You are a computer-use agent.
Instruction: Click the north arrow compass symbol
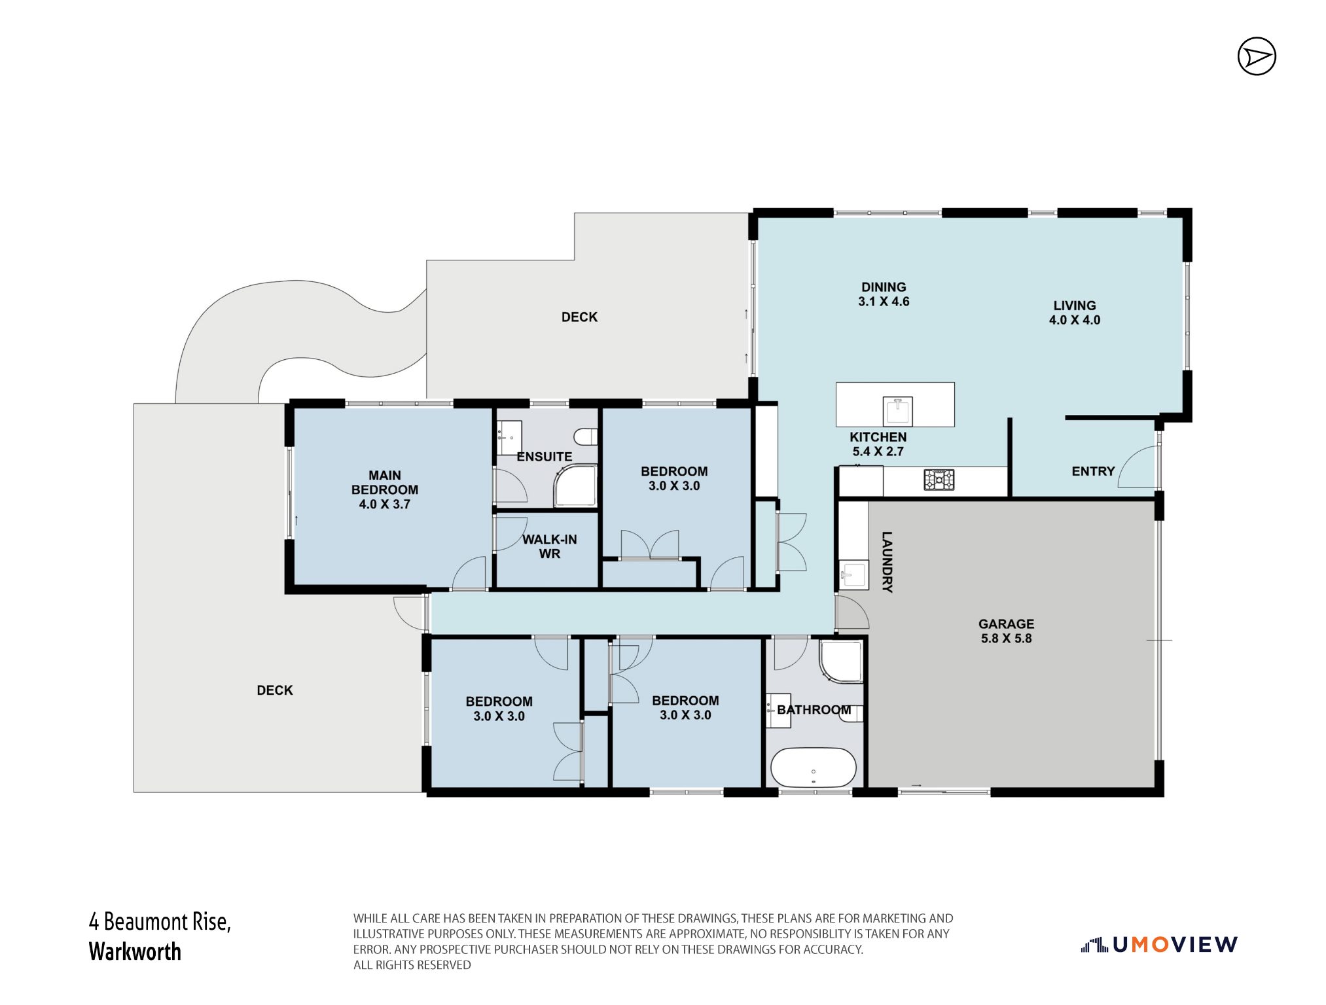tap(1257, 56)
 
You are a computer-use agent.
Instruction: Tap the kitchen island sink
tap(897, 412)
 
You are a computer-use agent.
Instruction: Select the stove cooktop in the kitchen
tap(939, 480)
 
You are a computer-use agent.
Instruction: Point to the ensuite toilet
tap(586, 436)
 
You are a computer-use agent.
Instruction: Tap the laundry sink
tap(853, 575)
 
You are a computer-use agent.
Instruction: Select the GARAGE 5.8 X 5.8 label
tap(1006, 631)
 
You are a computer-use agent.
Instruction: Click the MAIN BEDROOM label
tap(385, 483)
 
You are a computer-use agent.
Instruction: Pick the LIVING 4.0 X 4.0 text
tap(1075, 313)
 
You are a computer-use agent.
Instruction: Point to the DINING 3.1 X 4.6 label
tap(884, 294)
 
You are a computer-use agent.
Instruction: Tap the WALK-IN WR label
tap(549, 546)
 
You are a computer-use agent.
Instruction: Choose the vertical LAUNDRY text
tap(887, 562)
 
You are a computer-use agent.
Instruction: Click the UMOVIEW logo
tap(1159, 944)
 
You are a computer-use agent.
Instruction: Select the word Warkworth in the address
tap(135, 951)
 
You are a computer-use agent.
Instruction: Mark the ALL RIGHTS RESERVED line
tap(412, 965)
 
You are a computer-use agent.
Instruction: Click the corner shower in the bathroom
tap(842, 661)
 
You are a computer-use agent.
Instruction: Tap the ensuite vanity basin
tap(509, 438)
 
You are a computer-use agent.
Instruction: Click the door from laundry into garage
tap(851, 612)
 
